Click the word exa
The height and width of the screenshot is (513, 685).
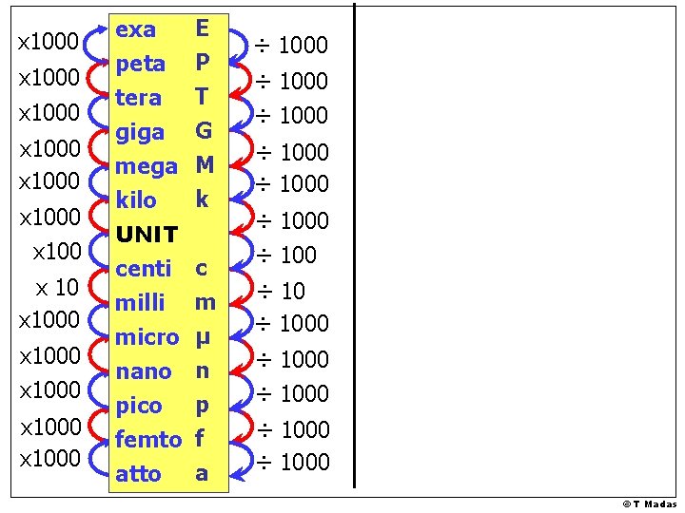click(135, 29)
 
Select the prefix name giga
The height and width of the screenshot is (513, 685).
click(139, 133)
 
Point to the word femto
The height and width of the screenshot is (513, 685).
click(147, 439)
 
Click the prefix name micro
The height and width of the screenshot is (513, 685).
click(147, 337)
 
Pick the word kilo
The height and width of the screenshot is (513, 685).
click(136, 200)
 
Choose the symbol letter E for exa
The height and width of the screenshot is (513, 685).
click(201, 28)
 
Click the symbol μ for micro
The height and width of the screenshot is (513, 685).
click(202, 337)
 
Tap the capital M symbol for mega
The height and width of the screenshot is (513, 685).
click(204, 165)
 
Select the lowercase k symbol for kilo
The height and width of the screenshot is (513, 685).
click(201, 199)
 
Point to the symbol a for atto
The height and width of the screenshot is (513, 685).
click(201, 472)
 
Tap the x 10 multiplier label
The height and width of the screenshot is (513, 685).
click(57, 287)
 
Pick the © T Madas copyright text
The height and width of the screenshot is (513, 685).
click(650, 504)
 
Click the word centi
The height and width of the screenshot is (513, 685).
click(143, 269)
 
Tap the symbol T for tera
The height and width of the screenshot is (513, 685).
click(201, 97)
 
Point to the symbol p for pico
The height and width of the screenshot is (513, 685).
click(201, 406)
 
